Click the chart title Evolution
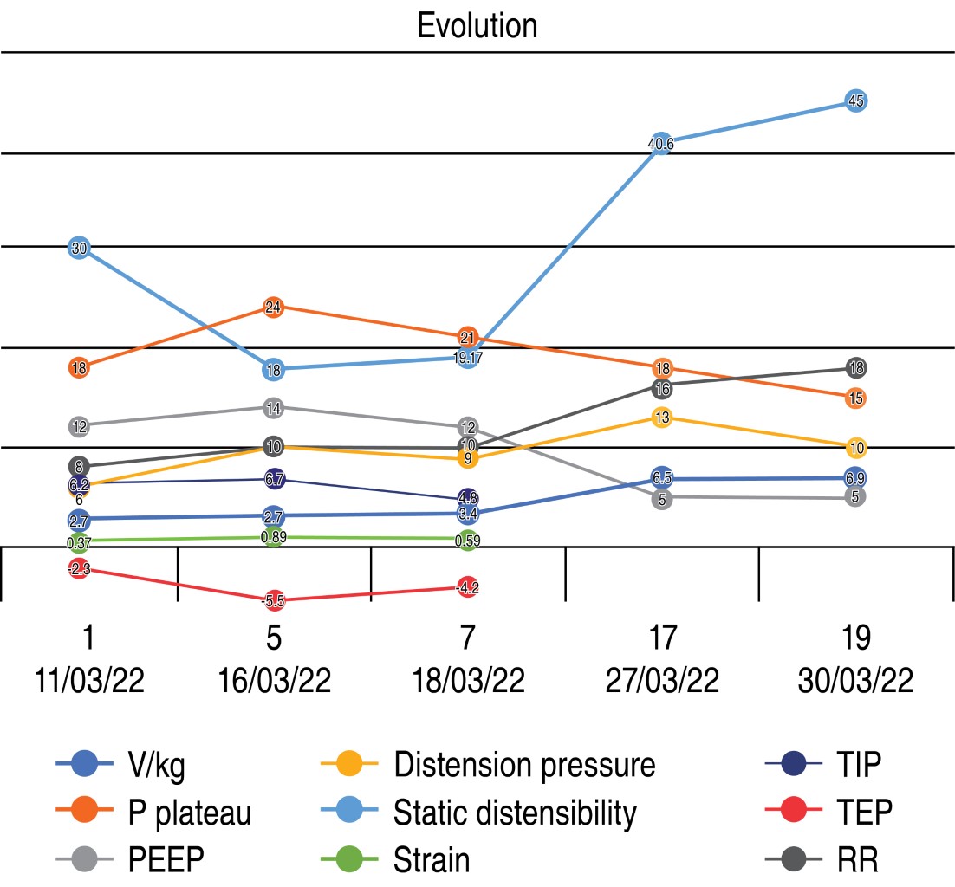pos(477,25)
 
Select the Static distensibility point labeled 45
pos(855,100)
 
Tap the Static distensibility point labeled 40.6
pos(661,144)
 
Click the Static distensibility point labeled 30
pos(79,249)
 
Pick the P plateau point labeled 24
pos(273,307)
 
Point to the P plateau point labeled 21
pos(468,337)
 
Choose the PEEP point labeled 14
pos(273,407)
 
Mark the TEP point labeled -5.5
pos(273,600)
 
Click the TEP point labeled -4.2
pos(468,586)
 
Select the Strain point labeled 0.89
pos(273,537)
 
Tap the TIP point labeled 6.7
pos(273,480)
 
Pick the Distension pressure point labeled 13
pos(661,418)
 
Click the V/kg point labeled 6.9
pos(855,478)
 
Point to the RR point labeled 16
pos(661,389)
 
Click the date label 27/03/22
pos(661,681)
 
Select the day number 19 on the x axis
pos(855,640)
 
